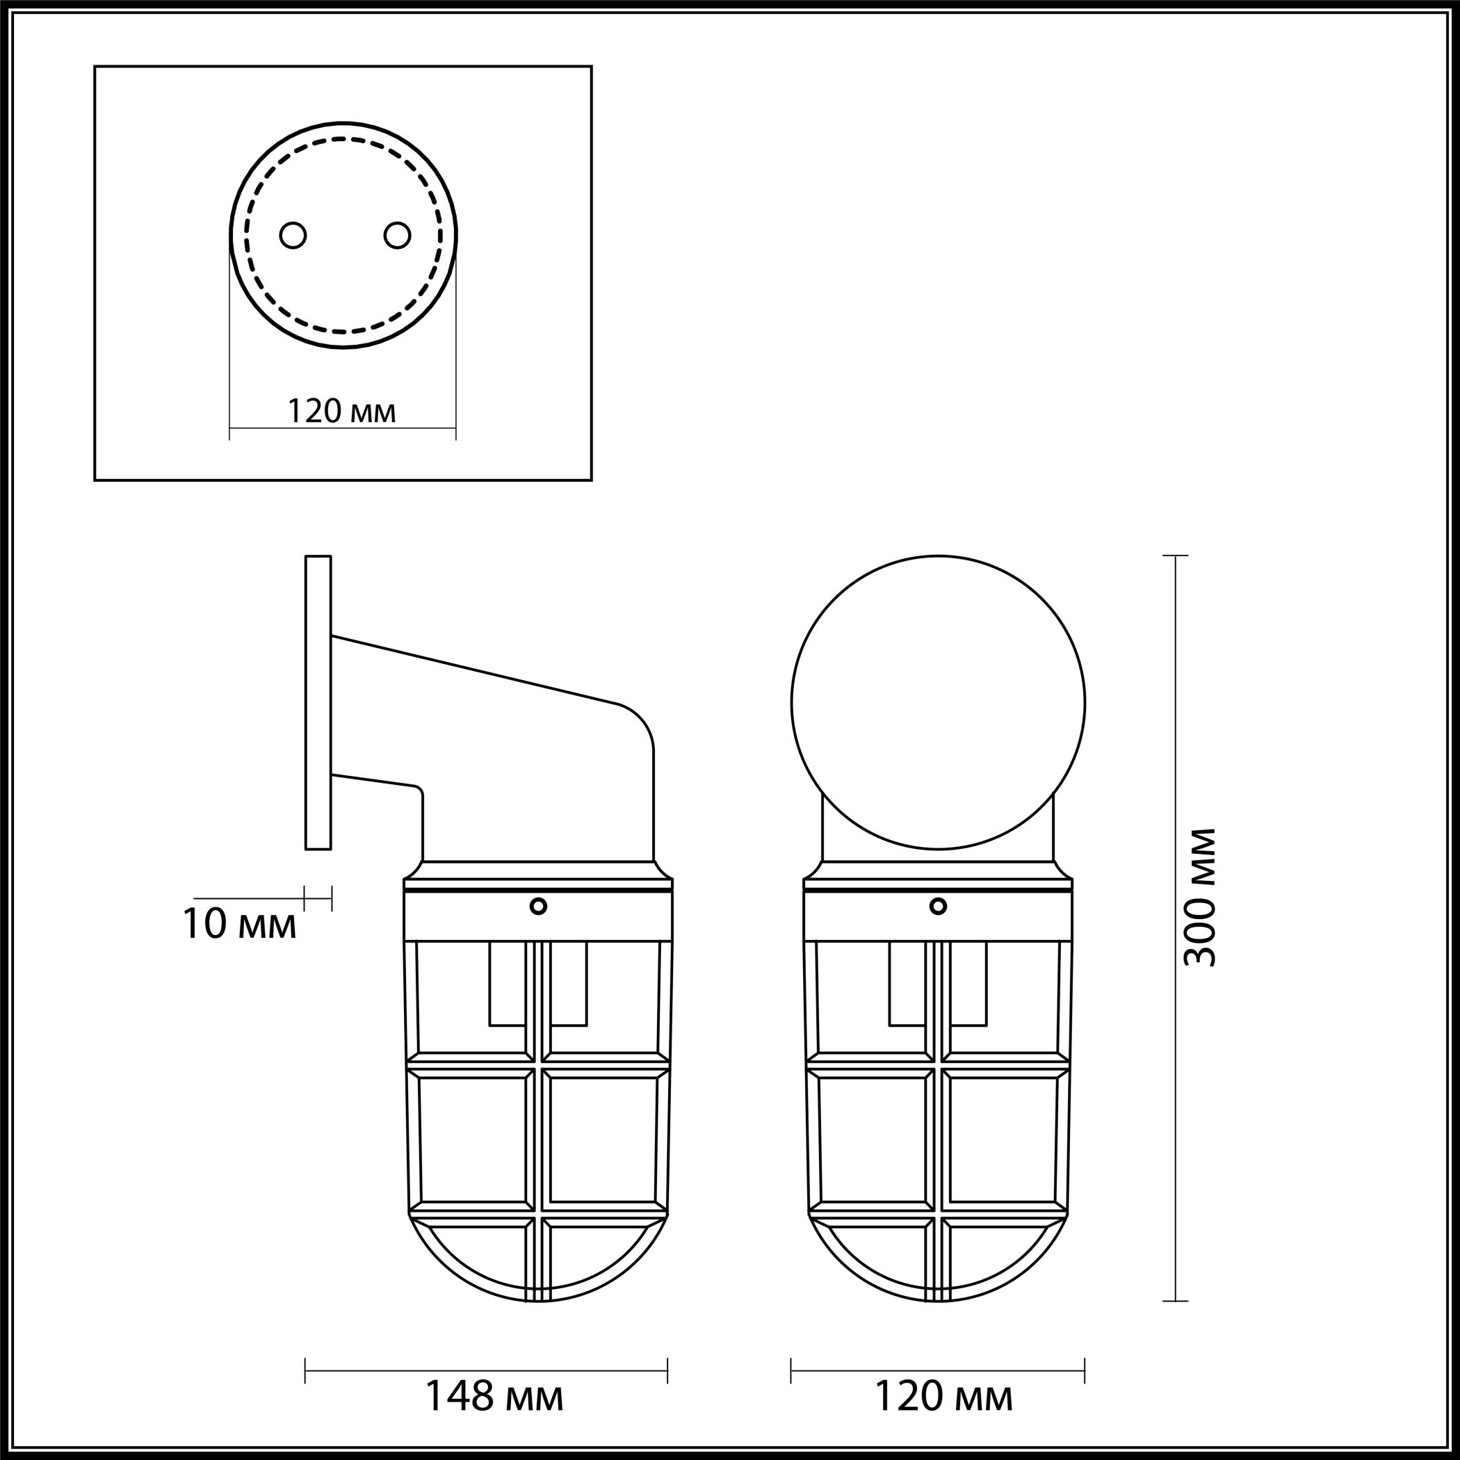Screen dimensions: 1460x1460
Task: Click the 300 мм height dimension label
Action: [1200, 898]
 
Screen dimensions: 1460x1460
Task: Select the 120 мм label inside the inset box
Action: [341, 412]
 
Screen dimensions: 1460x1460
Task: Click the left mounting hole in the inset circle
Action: [293, 235]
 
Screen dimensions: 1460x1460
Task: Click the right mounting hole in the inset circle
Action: [397, 235]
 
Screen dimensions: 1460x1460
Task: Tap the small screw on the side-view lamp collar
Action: [538, 906]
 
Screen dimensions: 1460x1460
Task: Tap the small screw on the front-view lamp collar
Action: [938, 906]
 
